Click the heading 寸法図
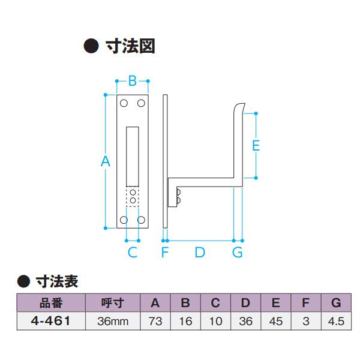click(x=130, y=47)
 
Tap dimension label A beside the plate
click(x=106, y=161)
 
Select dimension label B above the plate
click(x=133, y=80)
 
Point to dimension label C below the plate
click(x=133, y=252)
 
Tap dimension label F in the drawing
click(x=164, y=252)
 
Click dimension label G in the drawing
click(x=238, y=252)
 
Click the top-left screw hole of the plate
click(x=124, y=104)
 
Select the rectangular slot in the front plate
click(x=133, y=154)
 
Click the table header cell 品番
click(x=51, y=303)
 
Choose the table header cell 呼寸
click(x=113, y=303)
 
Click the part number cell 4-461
click(x=51, y=321)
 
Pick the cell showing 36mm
click(x=113, y=322)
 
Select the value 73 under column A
click(x=155, y=322)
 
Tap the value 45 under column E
click(x=276, y=322)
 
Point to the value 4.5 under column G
click(x=336, y=322)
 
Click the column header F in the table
click(x=306, y=303)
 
